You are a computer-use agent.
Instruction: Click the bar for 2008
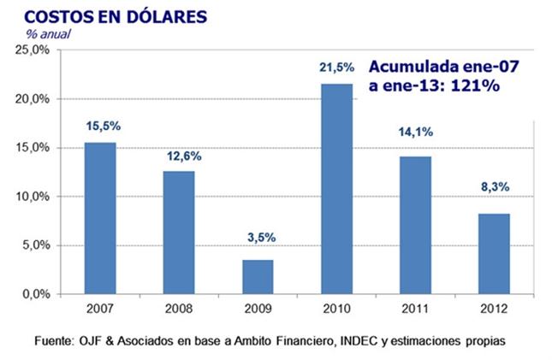pyautogui.click(x=180, y=233)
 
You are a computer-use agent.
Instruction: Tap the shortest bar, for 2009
pyautogui.click(x=257, y=277)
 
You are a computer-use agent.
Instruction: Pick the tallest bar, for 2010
pyautogui.click(x=336, y=188)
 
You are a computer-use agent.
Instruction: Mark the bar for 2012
pyautogui.click(x=493, y=253)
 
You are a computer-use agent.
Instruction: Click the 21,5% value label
pyautogui.click(x=336, y=68)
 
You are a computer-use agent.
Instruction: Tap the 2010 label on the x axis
pyautogui.click(x=336, y=306)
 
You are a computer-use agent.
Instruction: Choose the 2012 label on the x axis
pyautogui.click(x=492, y=306)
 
